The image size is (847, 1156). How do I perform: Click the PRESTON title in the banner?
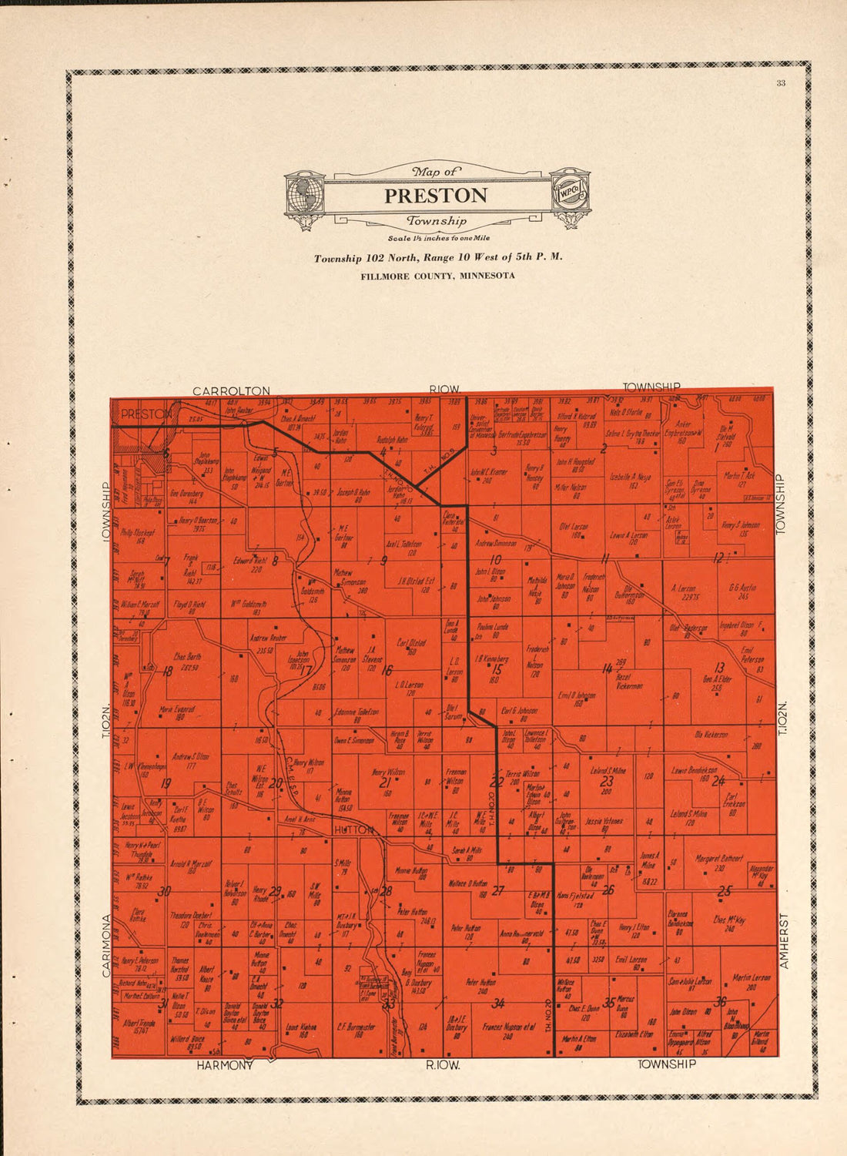pyautogui.click(x=436, y=196)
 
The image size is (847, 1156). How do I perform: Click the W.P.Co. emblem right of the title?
pyautogui.click(x=571, y=193)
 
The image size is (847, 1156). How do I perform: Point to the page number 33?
pyautogui.click(x=780, y=84)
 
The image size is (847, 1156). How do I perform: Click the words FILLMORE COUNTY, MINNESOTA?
pyautogui.click(x=437, y=276)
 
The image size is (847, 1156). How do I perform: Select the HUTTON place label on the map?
pyautogui.click(x=354, y=829)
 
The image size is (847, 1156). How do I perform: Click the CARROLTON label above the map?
pyautogui.click(x=231, y=391)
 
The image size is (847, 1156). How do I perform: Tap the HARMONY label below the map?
pyautogui.click(x=224, y=1066)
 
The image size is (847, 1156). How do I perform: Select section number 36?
pyautogui.click(x=721, y=1001)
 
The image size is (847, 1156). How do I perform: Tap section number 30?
pyautogui.click(x=163, y=892)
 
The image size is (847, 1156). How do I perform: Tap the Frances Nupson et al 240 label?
pyautogui.click(x=508, y=1030)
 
